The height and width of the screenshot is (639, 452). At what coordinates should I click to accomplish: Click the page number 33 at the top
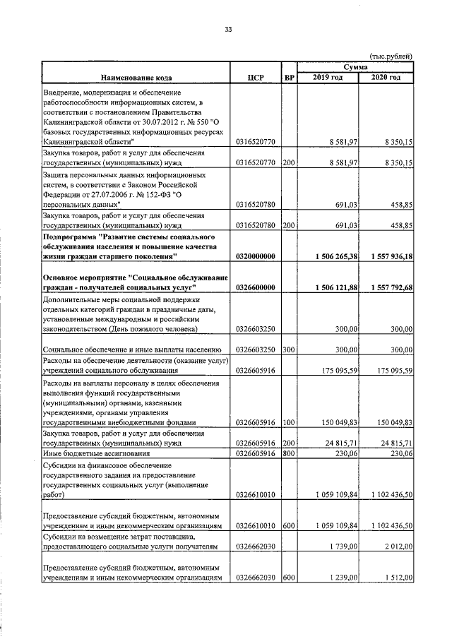tap(228, 29)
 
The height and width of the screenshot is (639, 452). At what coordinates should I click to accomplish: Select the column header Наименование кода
tap(136, 78)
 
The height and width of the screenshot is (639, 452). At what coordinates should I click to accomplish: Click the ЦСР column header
tap(256, 78)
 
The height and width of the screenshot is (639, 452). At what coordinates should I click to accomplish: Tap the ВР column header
tap(288, 78)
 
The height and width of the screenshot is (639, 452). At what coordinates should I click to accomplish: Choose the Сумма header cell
tap(355, 66)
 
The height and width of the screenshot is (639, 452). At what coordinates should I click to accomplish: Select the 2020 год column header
tap(386, 77)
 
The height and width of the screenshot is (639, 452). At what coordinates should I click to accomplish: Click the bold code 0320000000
tap(257, 256)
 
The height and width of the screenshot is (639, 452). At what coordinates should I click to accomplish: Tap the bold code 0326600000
tap(257, 287)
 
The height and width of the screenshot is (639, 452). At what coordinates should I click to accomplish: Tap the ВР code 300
tap(288, 350)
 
